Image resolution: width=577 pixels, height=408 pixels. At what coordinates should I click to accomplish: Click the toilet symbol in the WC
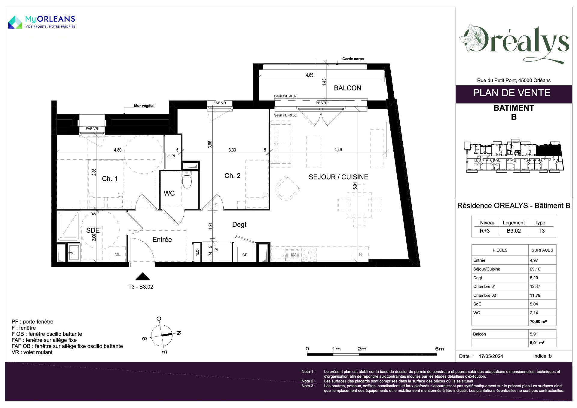click(187, 180)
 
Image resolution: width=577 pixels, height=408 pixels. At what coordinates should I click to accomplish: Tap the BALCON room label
click(348, 88)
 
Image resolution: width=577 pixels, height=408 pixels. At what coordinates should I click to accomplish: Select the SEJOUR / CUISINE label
click(338, 177)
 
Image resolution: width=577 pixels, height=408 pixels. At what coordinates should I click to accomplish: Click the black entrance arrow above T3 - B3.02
click(143, 277)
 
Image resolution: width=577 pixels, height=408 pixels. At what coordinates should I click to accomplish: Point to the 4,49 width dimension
click(338, 150)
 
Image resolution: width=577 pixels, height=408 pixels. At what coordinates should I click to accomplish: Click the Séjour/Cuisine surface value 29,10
click(535, 269)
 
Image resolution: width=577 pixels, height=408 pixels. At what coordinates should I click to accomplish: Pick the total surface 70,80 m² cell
click(538, 321)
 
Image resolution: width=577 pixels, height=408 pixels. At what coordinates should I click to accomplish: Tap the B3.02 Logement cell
click(514, 231)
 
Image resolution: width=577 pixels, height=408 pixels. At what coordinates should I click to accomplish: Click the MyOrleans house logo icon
click(15, 22)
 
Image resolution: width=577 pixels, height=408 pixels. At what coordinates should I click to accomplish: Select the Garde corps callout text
click(353, 59)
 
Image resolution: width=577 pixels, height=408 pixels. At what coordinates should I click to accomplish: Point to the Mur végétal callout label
click(144, 106)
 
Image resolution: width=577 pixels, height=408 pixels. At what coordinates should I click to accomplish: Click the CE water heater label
click(245, 255)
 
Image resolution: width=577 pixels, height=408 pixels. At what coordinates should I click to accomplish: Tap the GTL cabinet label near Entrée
click(197, 253)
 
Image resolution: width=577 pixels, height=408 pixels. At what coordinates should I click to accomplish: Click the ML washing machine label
click(118, 254)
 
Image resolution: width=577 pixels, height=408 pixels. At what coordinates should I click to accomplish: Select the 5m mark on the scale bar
click(439, 349)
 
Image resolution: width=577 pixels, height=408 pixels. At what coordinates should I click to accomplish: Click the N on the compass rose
click(179, 333)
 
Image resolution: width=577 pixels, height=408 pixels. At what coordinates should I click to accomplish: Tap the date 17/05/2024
click(491, 356)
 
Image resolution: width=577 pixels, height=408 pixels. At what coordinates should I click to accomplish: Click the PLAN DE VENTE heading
click(511, 93)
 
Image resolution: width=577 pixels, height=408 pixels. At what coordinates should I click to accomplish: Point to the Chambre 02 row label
click(484, 296)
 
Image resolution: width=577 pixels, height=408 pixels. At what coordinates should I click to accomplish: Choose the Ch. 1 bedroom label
click(110, 179)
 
